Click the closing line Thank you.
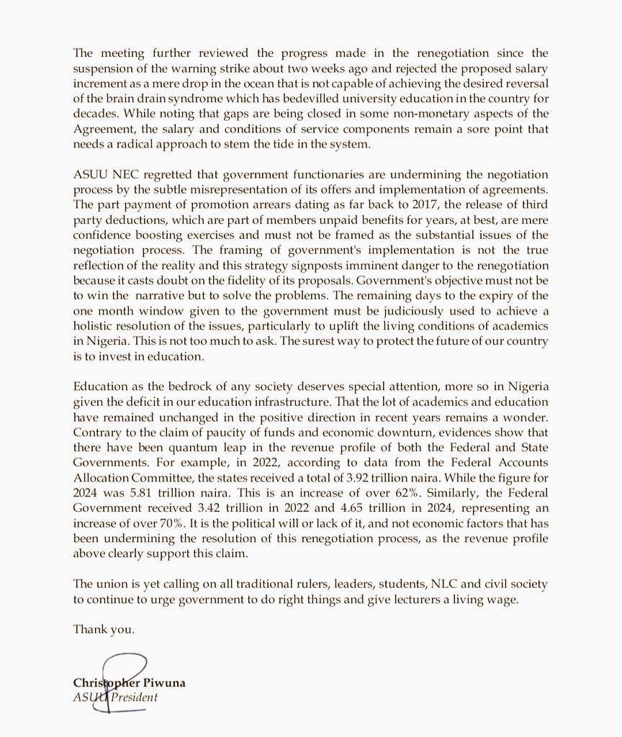[104, 629]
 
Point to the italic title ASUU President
[115, 697]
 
